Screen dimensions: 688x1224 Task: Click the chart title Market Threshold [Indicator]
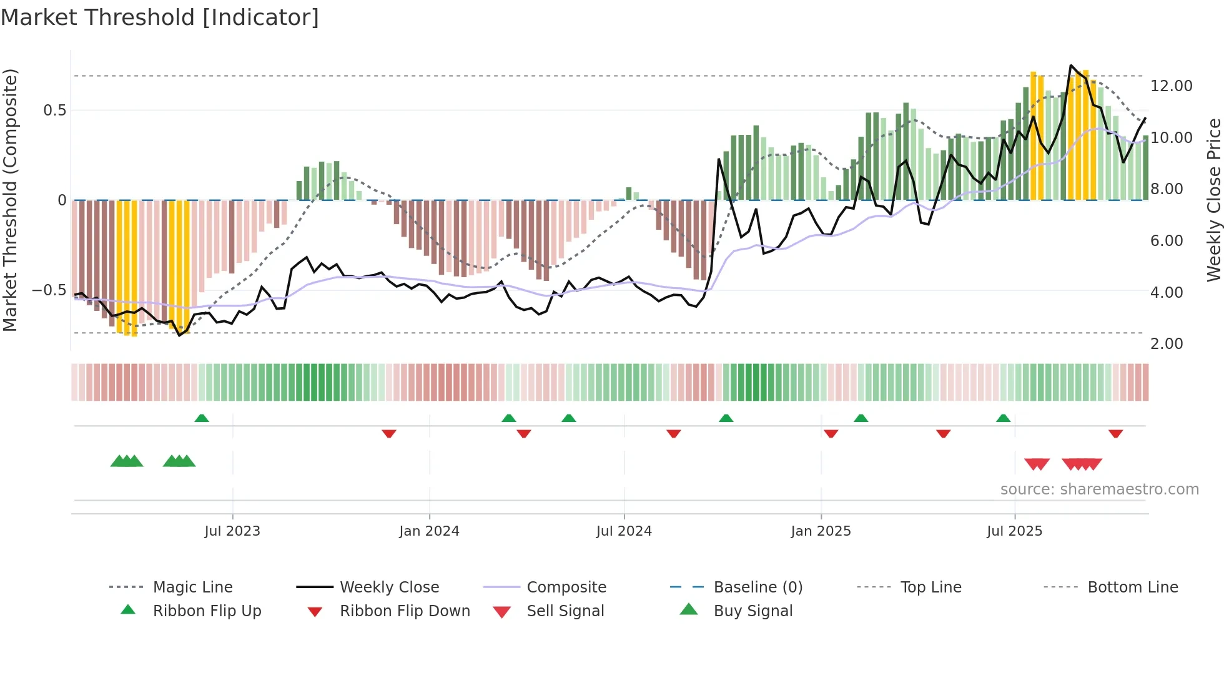(160, 17)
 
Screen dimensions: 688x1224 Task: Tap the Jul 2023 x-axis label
(232, 531)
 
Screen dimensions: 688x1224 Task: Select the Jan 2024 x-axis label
(429, 531)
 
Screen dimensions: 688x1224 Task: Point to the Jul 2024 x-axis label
(624, 531)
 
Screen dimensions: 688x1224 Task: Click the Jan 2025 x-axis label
(821, 531)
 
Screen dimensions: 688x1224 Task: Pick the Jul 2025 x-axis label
(1015, 531)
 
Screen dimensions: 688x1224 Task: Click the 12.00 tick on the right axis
(1172, 86)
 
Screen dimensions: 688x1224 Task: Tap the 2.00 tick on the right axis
(1167, 344)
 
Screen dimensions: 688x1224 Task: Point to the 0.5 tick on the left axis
(54, 111)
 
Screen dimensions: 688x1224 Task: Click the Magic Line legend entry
(192, 587)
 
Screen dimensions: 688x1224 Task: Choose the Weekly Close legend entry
(389, 587)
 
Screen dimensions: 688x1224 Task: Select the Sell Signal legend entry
(565, 611)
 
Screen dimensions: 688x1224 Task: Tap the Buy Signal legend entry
(753, 611)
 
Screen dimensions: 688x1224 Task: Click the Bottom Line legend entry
(1132, 587)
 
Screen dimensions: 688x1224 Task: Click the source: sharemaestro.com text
(1099, 489)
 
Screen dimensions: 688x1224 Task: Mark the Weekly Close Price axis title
(1213, 200)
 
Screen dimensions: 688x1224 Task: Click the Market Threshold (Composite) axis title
(10, 200)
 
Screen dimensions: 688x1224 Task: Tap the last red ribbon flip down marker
(1116, 433)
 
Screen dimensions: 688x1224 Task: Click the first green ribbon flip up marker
(202, 418)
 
